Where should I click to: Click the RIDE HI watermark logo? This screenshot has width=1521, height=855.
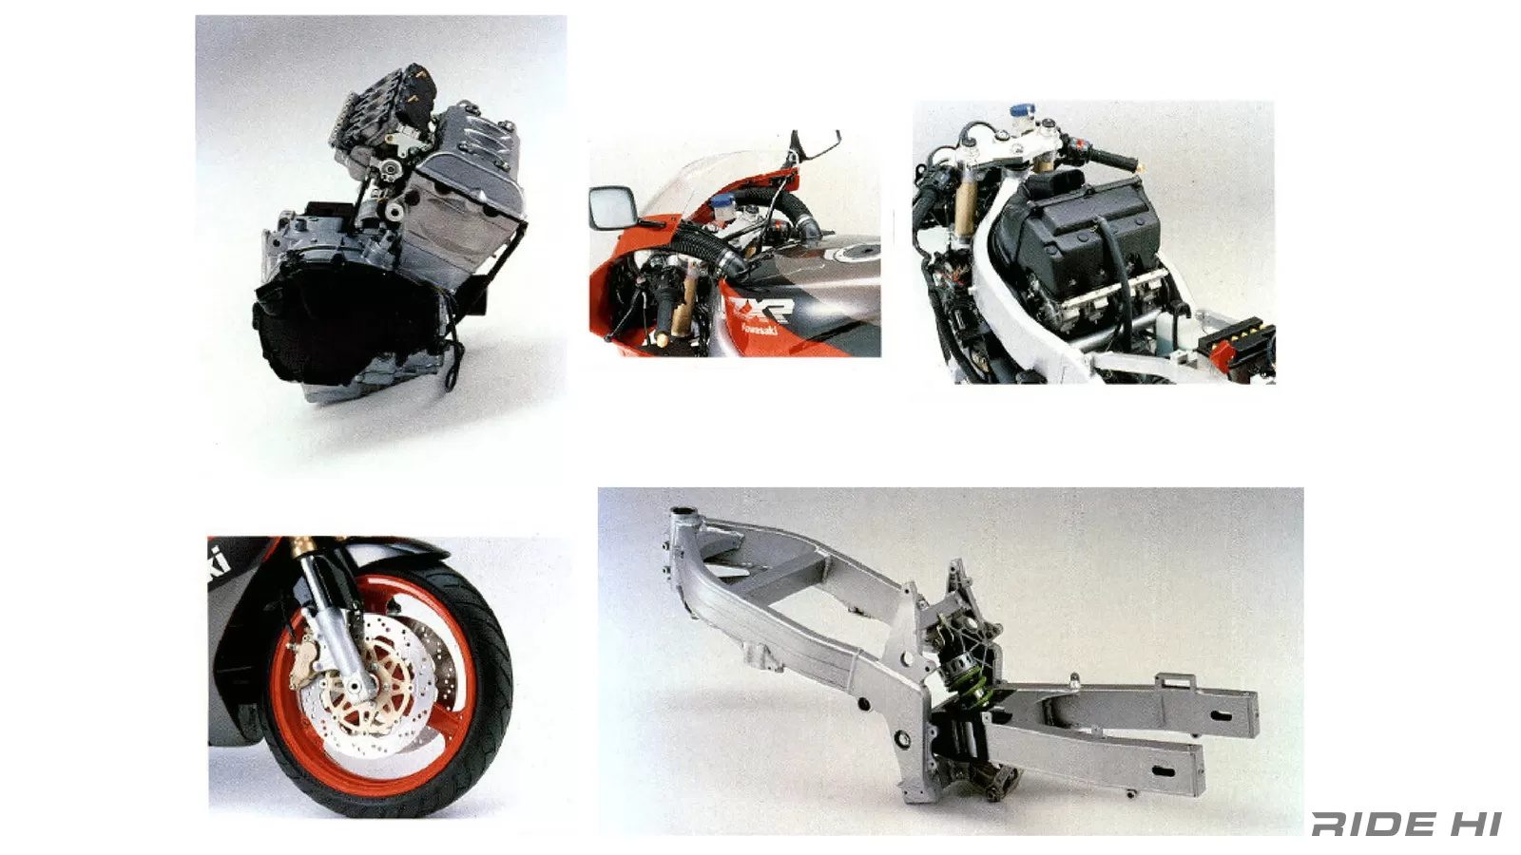point(1406,824)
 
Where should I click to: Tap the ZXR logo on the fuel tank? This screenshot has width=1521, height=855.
point(761,310)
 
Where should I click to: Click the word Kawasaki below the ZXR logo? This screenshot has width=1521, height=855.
point(760,330)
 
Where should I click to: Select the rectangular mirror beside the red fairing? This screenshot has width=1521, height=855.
point(606,208)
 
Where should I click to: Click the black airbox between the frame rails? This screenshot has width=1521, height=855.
point(1074,228)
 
